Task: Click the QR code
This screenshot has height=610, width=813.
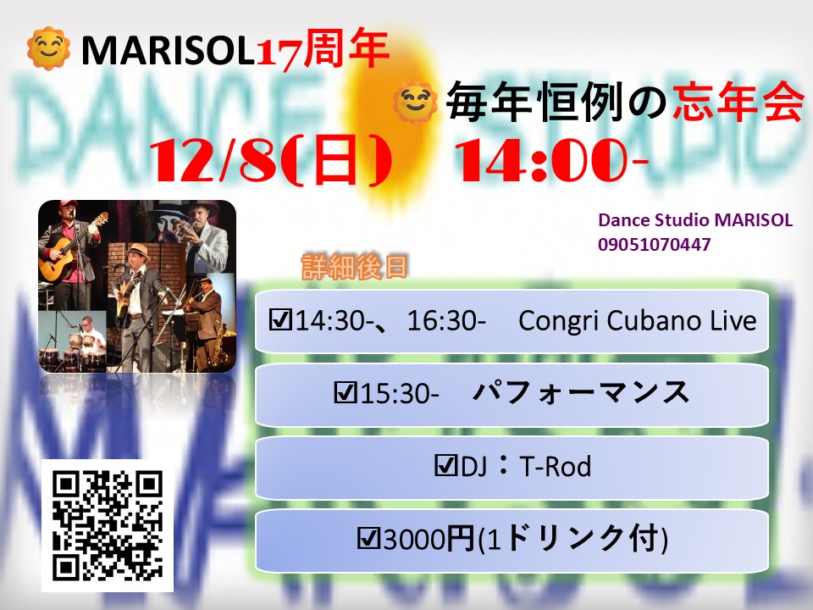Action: tap(108, 525)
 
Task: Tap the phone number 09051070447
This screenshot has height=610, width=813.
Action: tap(654, 244)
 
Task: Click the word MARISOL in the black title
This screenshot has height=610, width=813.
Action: tap(167, 50)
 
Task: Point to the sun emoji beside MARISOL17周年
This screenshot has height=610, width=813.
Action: tap(49, 48)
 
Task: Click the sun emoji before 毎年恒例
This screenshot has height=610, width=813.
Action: tap(414, 103)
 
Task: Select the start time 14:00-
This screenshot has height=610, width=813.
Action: tap(551, 160)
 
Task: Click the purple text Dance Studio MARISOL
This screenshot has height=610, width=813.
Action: tap(695, 220)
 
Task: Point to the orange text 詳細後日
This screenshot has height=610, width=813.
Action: tap(355, 267)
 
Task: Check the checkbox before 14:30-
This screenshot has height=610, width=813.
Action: tap(280, 320)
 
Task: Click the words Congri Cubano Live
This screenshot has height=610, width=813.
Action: tap(637, 320)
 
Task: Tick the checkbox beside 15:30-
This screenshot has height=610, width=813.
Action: tap(346, 392)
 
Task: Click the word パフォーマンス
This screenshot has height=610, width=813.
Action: tap(581, 392)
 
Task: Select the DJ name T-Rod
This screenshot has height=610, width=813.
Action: tap(555, 466)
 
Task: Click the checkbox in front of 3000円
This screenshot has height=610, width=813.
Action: tap(369, 539)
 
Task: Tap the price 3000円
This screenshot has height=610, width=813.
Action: tap(429, 539)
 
